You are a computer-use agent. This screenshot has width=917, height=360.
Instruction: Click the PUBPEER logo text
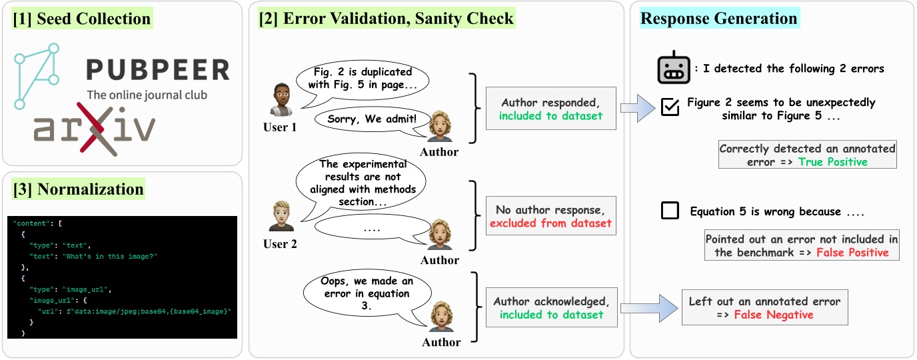tap(157, 70)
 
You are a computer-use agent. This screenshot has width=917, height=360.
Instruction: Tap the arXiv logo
tap(95, 128)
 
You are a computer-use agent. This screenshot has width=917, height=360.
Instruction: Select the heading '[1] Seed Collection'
tap(82, 19)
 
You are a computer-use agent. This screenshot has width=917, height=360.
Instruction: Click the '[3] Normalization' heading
tap(78, 189)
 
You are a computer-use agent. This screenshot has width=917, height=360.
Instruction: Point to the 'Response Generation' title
tap(718, 18)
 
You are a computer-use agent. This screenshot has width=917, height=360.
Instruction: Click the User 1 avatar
tap(281, 100)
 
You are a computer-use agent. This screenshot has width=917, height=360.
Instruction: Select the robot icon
tap(672, 67)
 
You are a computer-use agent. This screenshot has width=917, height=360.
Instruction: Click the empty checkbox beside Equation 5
tap(670, 211)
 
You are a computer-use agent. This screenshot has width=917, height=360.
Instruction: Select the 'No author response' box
tap(550, 216)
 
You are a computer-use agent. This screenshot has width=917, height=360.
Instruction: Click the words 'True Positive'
tap(832, 161)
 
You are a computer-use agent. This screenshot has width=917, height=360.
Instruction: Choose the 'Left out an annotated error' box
tap(764, 307)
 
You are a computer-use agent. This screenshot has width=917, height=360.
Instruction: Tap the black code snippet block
tap(123, 277)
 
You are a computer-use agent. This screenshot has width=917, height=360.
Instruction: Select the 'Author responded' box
tap(550, 109)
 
